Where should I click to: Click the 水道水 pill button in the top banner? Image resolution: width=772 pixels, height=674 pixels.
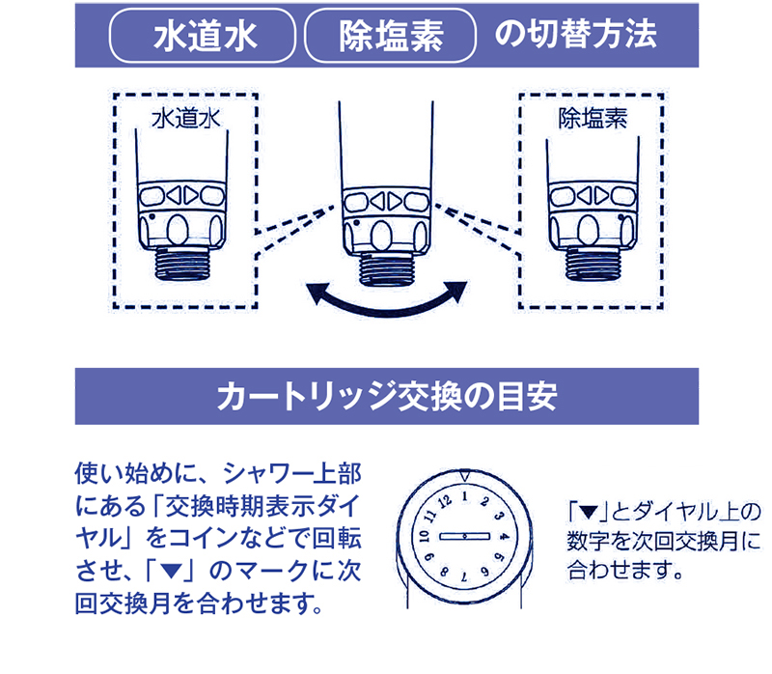[204, 36]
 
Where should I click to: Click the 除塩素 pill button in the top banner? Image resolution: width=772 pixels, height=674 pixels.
[391, 36]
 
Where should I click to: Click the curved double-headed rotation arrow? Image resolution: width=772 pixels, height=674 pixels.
[386, 297]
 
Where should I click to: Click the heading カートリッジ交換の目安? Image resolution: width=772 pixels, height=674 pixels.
[386, 397]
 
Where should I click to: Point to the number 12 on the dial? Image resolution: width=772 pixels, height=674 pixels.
[445, 501]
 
